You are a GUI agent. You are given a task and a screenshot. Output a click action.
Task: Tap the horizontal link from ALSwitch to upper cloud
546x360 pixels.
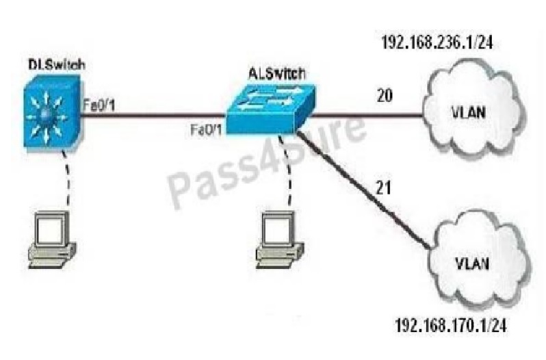(363, 114)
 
